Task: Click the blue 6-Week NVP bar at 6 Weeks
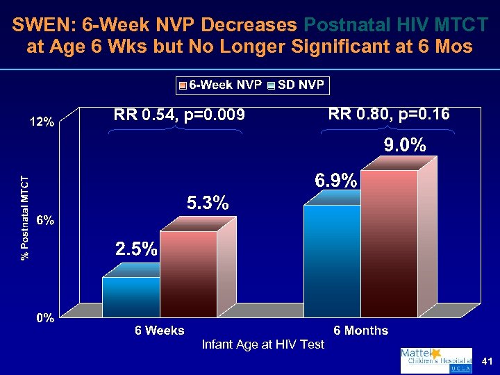pos(131,297)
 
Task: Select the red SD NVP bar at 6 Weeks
pos(188,274)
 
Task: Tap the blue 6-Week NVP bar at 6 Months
pos(332,260)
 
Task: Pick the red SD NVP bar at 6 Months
pos(389,243)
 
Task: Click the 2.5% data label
pos(136,249)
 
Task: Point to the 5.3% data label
pos(207,204)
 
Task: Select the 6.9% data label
pos(336,181)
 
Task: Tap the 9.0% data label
pos(406,145)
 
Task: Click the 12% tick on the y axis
pos(42,122)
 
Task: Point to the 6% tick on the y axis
pos(46,220)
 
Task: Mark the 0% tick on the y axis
pos(46,319)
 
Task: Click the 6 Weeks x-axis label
pos(159,331)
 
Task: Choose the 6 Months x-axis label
pos(360,331)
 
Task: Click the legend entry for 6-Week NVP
pos(220,85)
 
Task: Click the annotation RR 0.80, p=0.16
pos(388,114)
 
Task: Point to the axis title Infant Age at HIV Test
pos(262,344)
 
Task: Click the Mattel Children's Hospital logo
pos(435,360)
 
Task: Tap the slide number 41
pos(486,362)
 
